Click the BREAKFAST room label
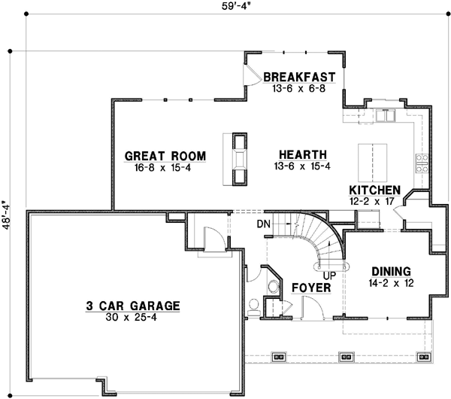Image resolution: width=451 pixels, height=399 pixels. [298, 77]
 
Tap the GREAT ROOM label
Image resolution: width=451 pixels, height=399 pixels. [165, 156]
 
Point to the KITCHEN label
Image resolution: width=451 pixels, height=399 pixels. [374, 190]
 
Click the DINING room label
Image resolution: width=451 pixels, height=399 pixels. [390, 271]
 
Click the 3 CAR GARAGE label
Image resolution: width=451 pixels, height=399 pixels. [132, 306]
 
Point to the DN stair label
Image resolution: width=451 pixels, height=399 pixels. [263, 224]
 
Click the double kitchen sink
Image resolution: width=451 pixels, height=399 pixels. [387, 116]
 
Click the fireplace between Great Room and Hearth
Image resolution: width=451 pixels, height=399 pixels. [238, 158]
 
